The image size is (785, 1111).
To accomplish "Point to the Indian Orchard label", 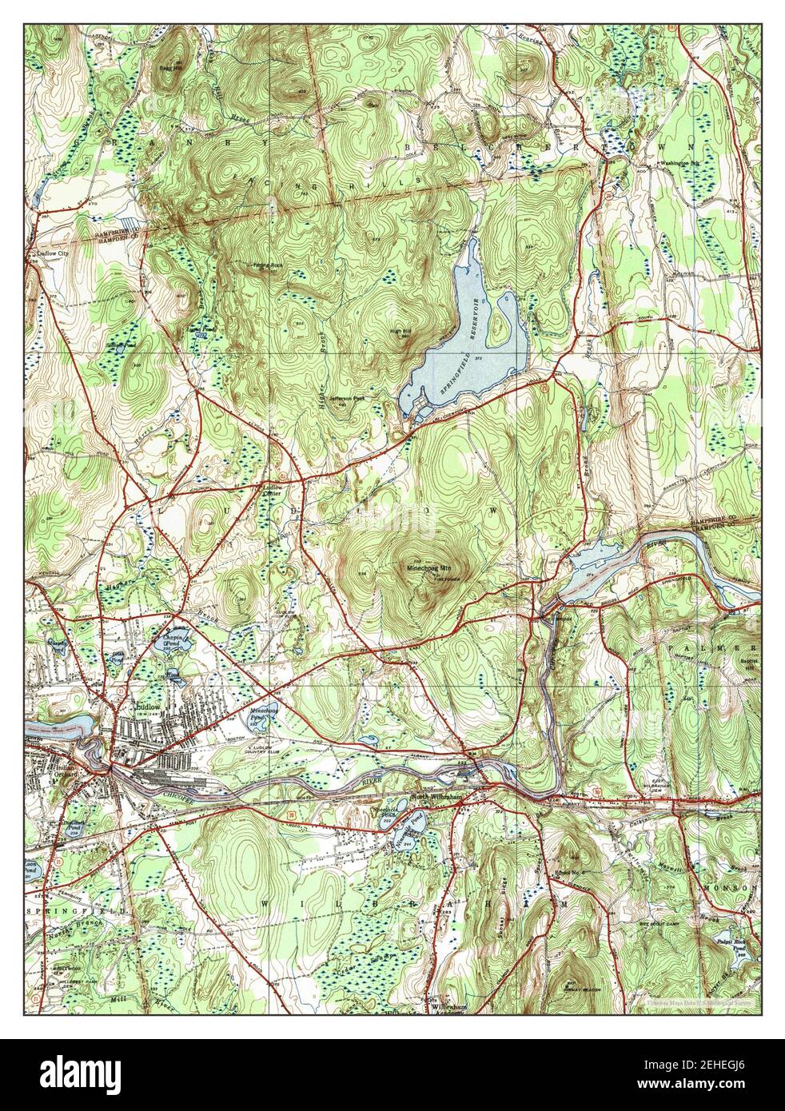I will pyautogui.click(x=54, y=768).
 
